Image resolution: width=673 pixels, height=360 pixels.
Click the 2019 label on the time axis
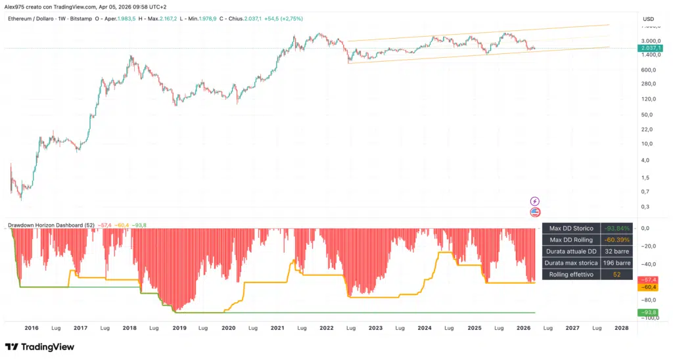click(179, 327)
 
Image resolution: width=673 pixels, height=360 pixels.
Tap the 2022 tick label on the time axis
click(327, 327)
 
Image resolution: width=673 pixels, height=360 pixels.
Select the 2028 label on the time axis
click(621, 327)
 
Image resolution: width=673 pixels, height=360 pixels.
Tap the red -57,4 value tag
click(647, 280)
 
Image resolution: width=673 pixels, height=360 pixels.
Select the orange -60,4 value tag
click(647, 287)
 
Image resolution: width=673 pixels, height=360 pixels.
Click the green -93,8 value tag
click(647, 313)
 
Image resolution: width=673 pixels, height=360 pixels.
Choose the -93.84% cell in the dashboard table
click(617, 228)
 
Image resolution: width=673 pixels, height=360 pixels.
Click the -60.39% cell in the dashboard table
click(617, 239)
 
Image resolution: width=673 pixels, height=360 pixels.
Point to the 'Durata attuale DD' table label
click(571, 251)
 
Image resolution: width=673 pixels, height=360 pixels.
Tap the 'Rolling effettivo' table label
click(571, 275)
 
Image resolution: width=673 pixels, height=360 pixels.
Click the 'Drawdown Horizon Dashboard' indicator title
click(45, 225)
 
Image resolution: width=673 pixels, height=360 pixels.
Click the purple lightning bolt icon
click(535, 201)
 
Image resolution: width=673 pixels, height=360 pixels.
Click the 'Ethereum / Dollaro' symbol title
click(34, 20)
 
